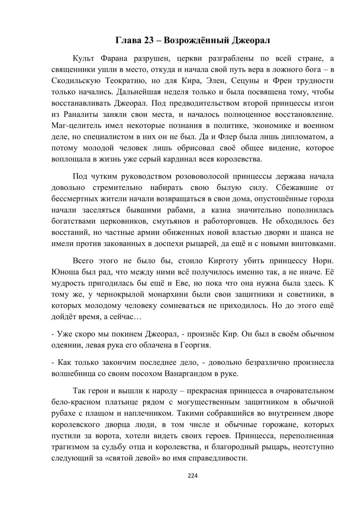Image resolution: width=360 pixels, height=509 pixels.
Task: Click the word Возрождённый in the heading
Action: pos(196,40)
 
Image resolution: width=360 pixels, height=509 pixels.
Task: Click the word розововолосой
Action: pos(202,176)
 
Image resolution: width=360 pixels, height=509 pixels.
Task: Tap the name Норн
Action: pos(324,261)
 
